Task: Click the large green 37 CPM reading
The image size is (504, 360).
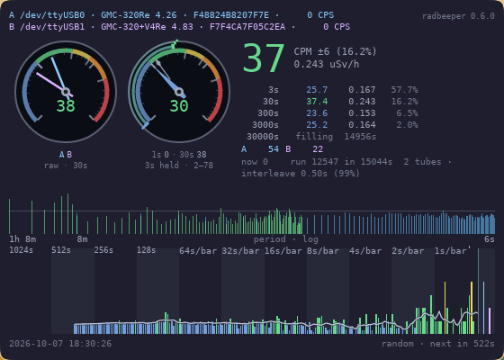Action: pyautogui.click(x=264, y=58)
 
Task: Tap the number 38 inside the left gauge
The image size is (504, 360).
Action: pyautogui.click(x=66, y=106)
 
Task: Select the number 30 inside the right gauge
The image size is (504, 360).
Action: pyautogui.click(x=179, y=106)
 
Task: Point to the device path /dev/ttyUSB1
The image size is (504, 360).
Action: pyautogui.click(x=52, y=27)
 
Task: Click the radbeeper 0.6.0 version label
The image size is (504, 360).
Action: pyautogui.click(x=458, y=16)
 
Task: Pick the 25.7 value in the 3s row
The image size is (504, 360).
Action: pyautogui.click(x=317, y=90)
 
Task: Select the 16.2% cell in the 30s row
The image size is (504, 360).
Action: pyautogui.click(x=404, y=102)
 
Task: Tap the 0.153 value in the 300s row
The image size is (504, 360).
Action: pyautogui.click(x=362, y=113)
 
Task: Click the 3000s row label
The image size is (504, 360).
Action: pyautogui.click(x=265, y=125)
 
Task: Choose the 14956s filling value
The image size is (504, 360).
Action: pyautogui.click(x=360, y=137)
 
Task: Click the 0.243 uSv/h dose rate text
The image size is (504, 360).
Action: pyautogui.click(x=326, y=64)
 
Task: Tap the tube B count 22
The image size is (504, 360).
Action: pyautogui.click(x=318, y=149)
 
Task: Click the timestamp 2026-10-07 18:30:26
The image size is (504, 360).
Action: pyautogui.click(x=60, y=344)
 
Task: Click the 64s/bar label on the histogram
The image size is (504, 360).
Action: pyautogui.click(x=198, y=251)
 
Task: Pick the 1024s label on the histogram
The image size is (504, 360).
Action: pyautogui.click(x=21, y=250)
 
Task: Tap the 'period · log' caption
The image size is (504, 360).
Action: pyautogui.click(x=286, y=239)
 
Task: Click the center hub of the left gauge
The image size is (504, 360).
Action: pyautogui.click(x=66, y=92)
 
